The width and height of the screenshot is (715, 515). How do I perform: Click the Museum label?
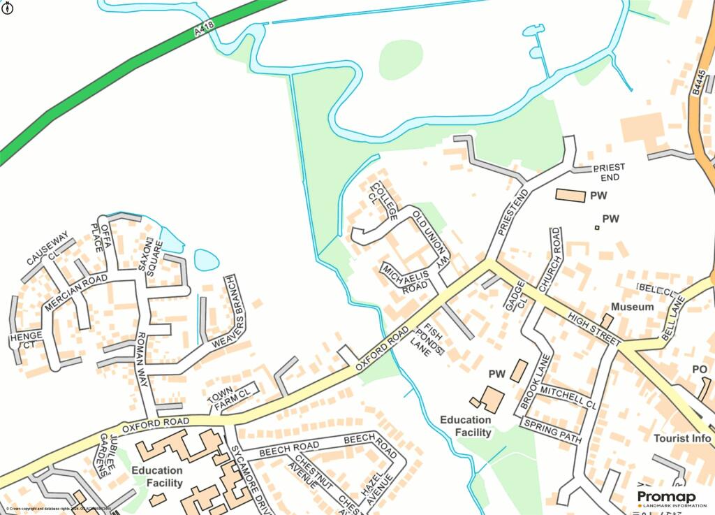tap(632, 307)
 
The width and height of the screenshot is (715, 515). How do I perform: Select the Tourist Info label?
tap(682, 438)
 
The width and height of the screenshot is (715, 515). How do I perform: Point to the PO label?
tap(699, 369)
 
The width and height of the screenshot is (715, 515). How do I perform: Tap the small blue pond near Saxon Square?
tap(207, 260)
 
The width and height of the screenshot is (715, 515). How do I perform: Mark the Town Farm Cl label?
tap(230, 396)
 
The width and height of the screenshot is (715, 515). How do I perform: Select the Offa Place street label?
tap(100, 238)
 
